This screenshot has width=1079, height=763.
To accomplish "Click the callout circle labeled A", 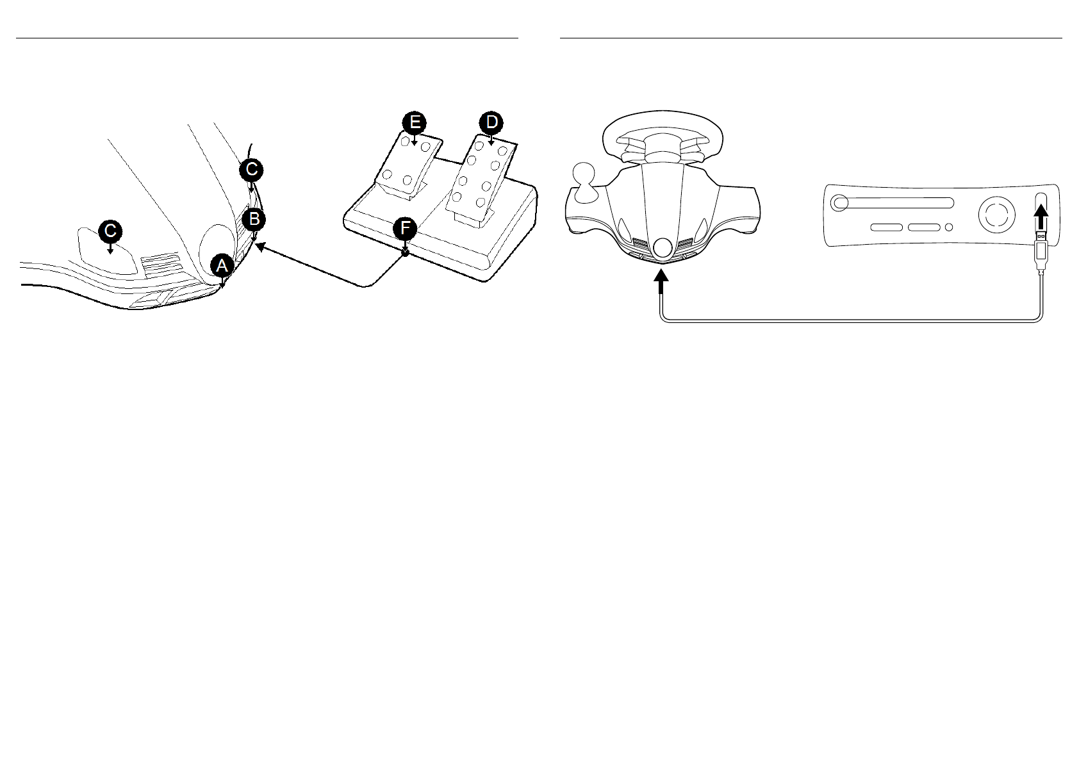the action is click(221, 265).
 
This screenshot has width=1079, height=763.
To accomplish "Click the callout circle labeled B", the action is click(254, 220).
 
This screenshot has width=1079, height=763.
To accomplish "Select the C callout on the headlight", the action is click(110, 231).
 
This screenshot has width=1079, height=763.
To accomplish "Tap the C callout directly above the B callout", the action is click(251, 170).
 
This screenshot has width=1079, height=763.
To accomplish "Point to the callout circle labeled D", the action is click(491, 122).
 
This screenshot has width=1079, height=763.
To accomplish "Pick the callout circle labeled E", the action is click(415, 122).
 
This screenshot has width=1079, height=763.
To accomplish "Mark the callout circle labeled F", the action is click(405, 228).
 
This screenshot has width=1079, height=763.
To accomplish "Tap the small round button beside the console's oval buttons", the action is click(949, 227).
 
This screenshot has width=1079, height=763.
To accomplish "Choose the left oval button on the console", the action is click(887, 227).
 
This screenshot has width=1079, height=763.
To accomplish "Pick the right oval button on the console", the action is click(923, 227).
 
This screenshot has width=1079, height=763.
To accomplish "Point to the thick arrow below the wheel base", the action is click(661, 282).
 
